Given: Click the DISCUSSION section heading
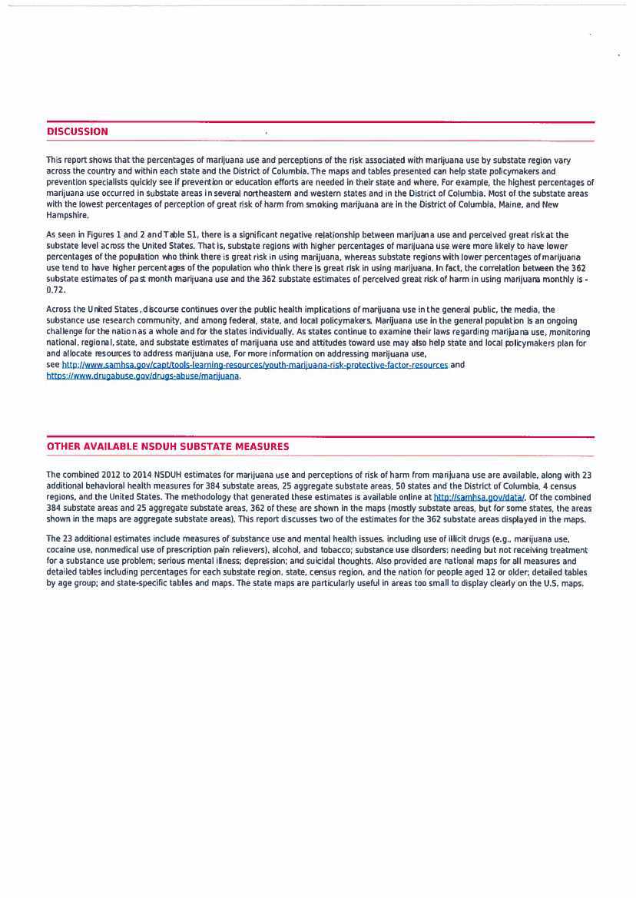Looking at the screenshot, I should pos(78,131).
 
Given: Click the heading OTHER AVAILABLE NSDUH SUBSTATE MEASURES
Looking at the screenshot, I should pos(168,446).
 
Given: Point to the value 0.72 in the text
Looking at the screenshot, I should pos(56,291).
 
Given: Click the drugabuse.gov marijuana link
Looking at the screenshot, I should pos(144,377).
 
